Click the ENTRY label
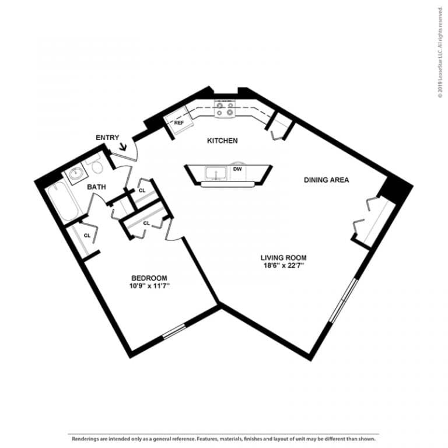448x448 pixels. click(x=107, y=137)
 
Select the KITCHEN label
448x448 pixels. click(x=222, y=141)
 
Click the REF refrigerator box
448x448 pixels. click(x=179, y=123)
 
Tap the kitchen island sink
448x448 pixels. click(x=215, y=173)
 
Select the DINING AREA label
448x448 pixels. click(x=326, y=180)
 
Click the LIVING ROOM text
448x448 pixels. click(x=283, y=257)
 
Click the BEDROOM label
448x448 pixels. click(x=149, y=278)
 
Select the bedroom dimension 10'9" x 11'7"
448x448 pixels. click(x=149, y=286)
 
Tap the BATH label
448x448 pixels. click(x=96, y=187)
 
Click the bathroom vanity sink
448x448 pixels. click(x=76, y=174)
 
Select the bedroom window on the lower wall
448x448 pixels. click(x=174, y=331)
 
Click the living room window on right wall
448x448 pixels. click(x=344, y=300)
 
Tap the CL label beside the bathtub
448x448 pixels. click(x=87, y=236)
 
